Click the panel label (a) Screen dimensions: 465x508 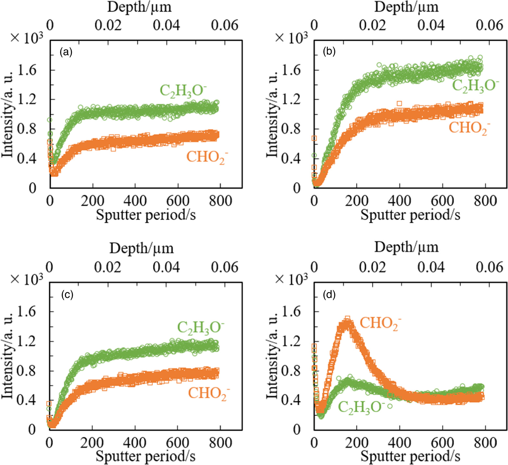(x=66, y=52)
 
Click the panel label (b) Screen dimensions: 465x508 (x=329, y=52)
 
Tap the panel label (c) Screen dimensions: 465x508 (x=67, y=294)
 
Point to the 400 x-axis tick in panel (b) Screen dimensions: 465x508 (x=399, y=201)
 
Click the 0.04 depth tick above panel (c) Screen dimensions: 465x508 (x=166, y=267)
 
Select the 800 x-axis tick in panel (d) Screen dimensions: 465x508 (x=485, y=443)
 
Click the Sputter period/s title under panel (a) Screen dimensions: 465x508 (x=146, y=215)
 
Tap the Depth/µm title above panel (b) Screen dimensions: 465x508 (x=406, y=7)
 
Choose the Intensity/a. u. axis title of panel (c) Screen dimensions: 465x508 (x=7, y=356)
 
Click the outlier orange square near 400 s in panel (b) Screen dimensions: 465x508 (x=399, y=104)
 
